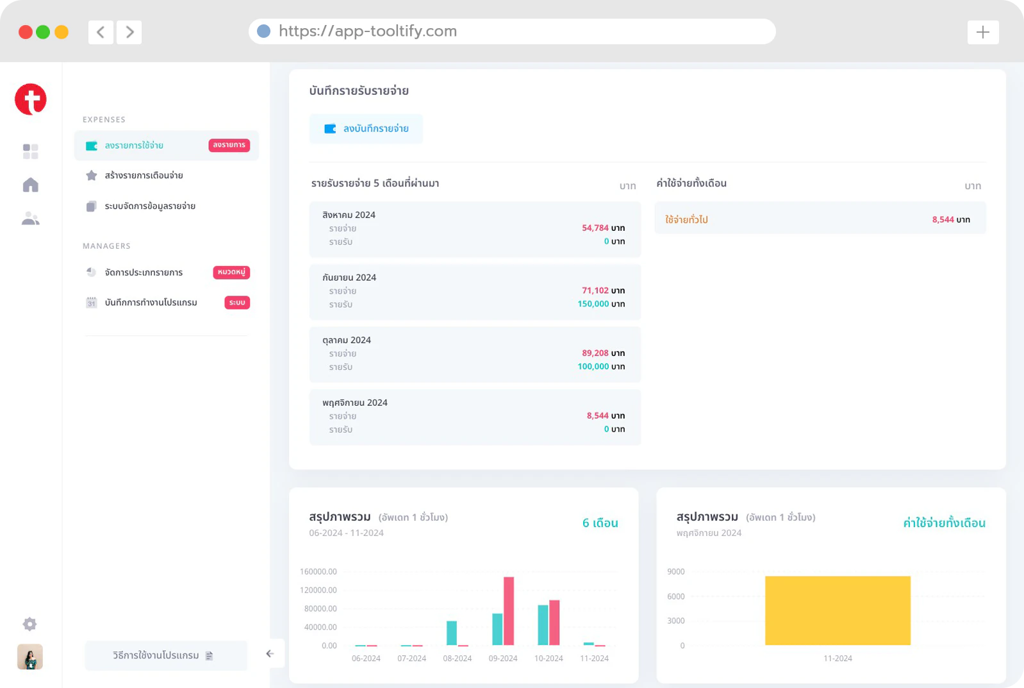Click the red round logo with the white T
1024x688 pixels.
31,99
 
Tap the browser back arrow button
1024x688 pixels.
101,32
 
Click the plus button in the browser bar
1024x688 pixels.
983,32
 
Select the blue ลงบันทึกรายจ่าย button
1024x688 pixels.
366,128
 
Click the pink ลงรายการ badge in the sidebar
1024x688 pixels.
229,145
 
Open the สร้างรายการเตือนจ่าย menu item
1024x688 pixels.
144,175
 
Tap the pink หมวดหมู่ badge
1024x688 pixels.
231,272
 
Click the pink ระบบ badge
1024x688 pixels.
237,303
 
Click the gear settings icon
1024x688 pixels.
29,624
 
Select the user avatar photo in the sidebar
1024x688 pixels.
30,657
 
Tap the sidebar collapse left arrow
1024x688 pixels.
270,653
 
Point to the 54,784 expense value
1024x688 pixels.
595,228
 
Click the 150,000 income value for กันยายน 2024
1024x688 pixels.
593,304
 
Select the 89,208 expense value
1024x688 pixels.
595,353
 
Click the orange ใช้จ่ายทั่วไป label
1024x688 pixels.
686,219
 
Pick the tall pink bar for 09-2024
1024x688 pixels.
509,611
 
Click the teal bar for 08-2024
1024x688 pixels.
452,633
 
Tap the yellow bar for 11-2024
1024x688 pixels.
838,610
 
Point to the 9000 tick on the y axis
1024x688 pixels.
675,572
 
